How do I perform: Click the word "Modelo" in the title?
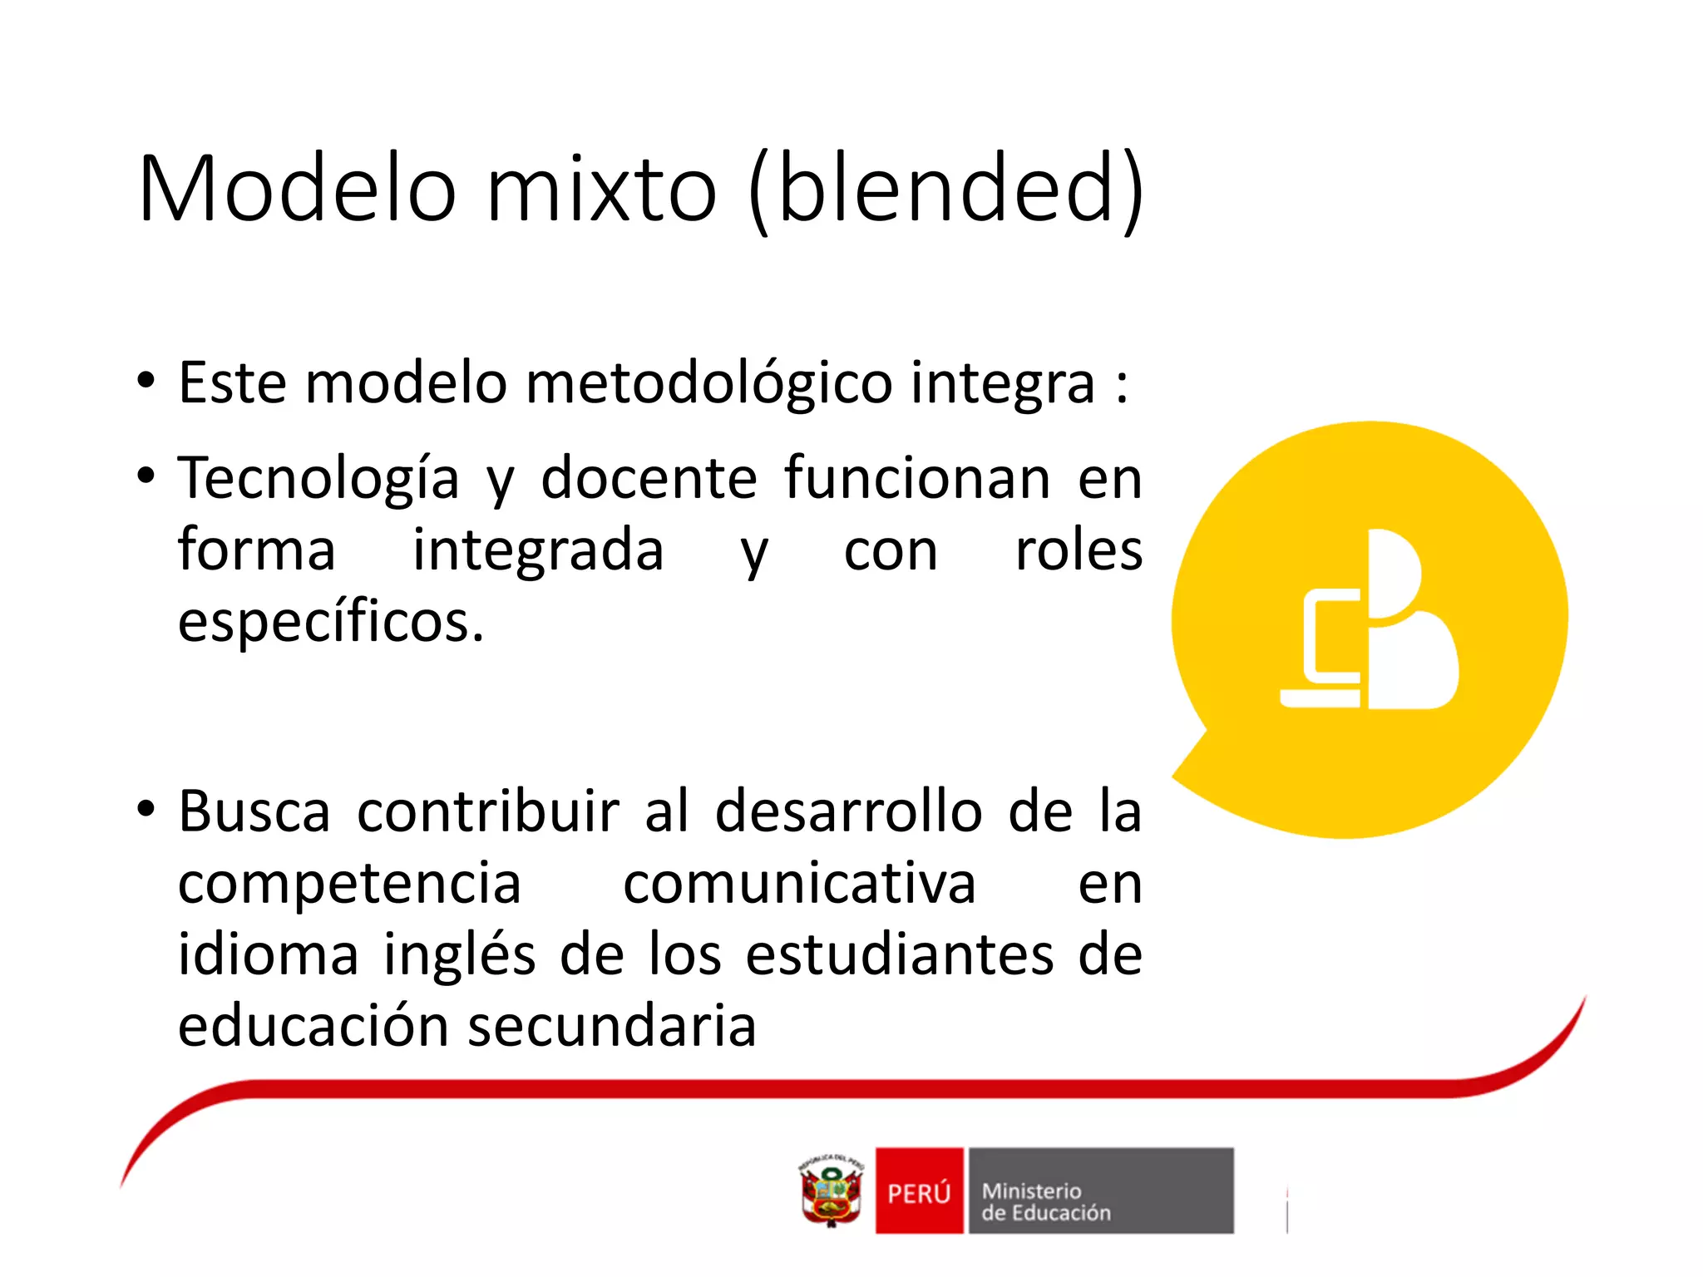[297, 189]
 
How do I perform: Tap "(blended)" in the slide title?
[946, 189]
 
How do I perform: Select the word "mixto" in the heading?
[600, 189]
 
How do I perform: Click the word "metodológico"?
[708, 384]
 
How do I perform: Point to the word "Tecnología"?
[318, 480]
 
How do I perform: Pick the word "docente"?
[649, 480]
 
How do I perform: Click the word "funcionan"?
[917, 480]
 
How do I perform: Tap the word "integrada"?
[538, 551]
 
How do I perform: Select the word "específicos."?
[331, 623]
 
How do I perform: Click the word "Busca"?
[254, 812]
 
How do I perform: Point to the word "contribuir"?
[488, 812]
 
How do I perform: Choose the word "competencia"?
[349, 884]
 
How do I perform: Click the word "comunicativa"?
[799, 884]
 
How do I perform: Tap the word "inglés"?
[459, 955]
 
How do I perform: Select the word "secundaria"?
[612, 1027]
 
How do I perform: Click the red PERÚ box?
[919, 1191]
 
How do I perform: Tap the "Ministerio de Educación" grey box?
[1100, 1191]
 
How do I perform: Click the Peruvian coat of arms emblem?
[831, 1191]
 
